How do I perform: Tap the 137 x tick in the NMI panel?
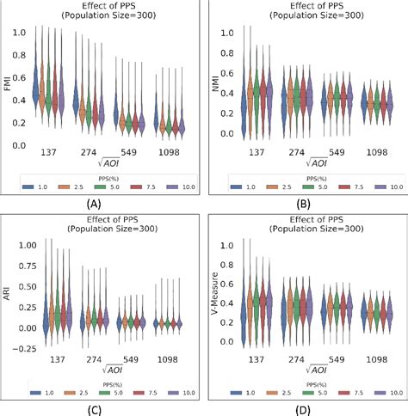pyautogui.click(x=257, y=152)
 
